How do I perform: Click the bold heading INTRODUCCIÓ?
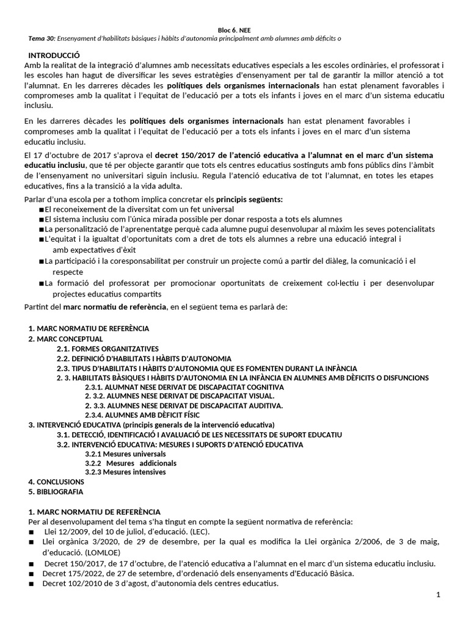54,55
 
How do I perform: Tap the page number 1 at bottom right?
438,594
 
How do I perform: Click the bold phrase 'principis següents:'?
249,200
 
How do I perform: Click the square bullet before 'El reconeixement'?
41,209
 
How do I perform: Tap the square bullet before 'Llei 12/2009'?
31,532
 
